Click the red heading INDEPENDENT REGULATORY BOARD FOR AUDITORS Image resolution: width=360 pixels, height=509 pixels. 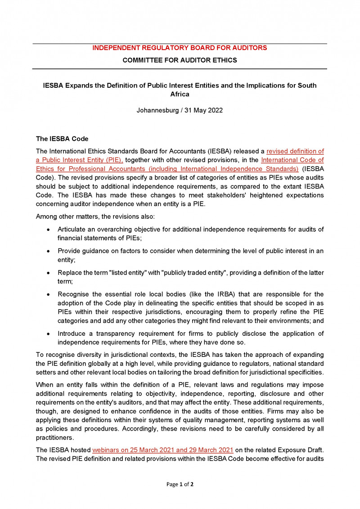pos(180,48)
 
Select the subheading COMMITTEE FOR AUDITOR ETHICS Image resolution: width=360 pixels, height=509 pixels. pos(180,60)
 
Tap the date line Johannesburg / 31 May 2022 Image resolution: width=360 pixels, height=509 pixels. pos(180,110)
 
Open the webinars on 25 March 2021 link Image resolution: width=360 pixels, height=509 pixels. pos(162,450)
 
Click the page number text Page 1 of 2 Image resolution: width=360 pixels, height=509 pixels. pos(180,484)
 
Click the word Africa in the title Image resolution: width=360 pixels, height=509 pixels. pos(180,95)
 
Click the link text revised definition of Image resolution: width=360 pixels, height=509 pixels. pos(295,151)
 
